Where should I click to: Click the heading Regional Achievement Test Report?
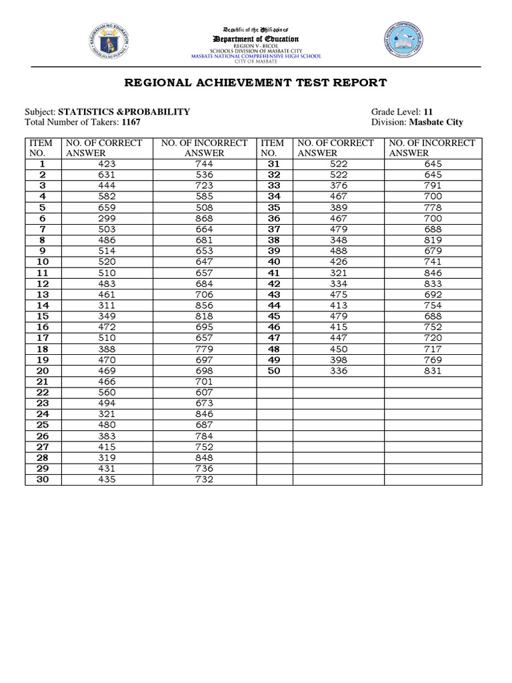tap(255, 83)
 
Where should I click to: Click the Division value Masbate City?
tap(436, 122)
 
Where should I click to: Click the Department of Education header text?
tap(255, 39)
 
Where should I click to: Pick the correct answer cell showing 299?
tap(106, 218)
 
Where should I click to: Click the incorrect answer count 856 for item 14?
tap(204, 305)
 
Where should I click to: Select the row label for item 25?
tap(43, 425)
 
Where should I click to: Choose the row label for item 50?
tap(274, 371)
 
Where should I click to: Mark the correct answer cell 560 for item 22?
tap(106, 393)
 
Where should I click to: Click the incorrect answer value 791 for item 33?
tap(432, 185)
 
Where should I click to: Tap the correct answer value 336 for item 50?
tap(339, 371)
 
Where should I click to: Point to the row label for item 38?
tap(274, 240)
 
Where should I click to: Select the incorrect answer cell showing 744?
tap(204, 163)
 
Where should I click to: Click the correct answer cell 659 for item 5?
tap(106, 207)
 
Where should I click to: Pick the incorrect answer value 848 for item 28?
tap(204, 458)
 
